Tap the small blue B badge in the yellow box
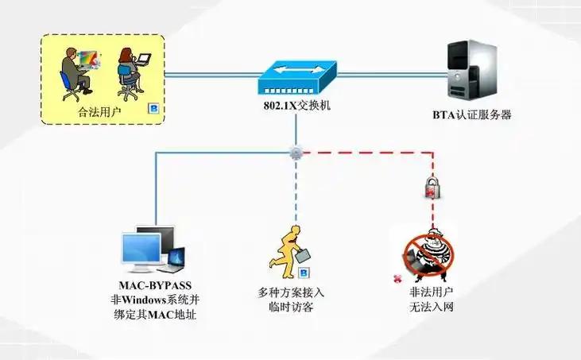pos(154,109)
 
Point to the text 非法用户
pos(425,292)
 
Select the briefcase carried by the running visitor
pos(304,255)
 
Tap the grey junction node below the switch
pos(296,151)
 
